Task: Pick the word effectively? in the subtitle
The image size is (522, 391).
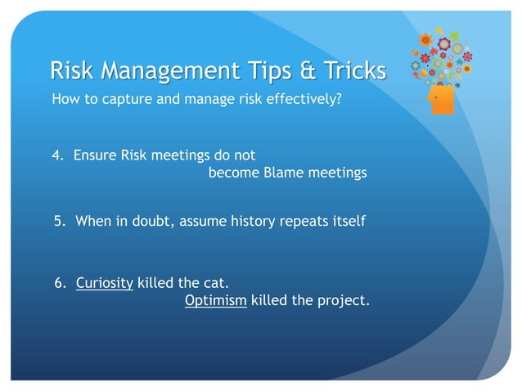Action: point(304,101)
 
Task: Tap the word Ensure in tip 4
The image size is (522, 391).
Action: point(95,154)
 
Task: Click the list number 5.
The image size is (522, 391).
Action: point(58,221)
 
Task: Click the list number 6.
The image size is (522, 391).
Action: point(58,284)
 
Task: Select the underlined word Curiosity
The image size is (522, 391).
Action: point(104,284)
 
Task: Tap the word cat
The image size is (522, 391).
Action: point(214,284)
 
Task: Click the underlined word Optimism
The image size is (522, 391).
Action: point(215,301)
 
